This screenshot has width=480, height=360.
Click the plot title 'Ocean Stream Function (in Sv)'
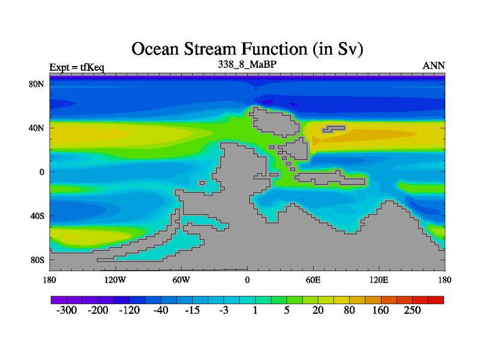tap(247, 49)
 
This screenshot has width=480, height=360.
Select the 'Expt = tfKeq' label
tap(77, 67)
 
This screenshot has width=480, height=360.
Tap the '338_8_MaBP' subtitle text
tap(247, 64)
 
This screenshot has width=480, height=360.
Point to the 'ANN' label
tap(433, 66)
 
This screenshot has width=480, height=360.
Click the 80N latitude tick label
tap(37, 84)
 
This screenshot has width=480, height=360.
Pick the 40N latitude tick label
tap(37, 128)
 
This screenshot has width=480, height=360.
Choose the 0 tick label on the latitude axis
tap(41, 172)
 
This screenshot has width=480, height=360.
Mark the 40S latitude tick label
tap(37, 216)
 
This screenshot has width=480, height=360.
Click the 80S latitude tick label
tap(37, 260)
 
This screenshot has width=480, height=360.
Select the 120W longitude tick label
tap(115, 280)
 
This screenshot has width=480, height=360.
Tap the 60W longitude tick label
tap(181, 280)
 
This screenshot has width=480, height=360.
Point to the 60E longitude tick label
tap(313, 280)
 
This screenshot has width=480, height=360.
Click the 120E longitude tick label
tap(379, 280)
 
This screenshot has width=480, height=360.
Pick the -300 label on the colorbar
tap(67, 310)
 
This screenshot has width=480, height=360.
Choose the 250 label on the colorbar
tap(412, 310)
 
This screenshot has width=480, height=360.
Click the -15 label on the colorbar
tap(192, 310)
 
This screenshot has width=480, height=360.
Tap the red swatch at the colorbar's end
tap(436, 300)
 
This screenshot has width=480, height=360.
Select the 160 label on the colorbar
tap(380, 310)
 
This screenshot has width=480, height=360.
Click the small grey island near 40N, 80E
tap(334, 129)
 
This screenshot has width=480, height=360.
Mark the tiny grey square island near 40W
tap(202, 183)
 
